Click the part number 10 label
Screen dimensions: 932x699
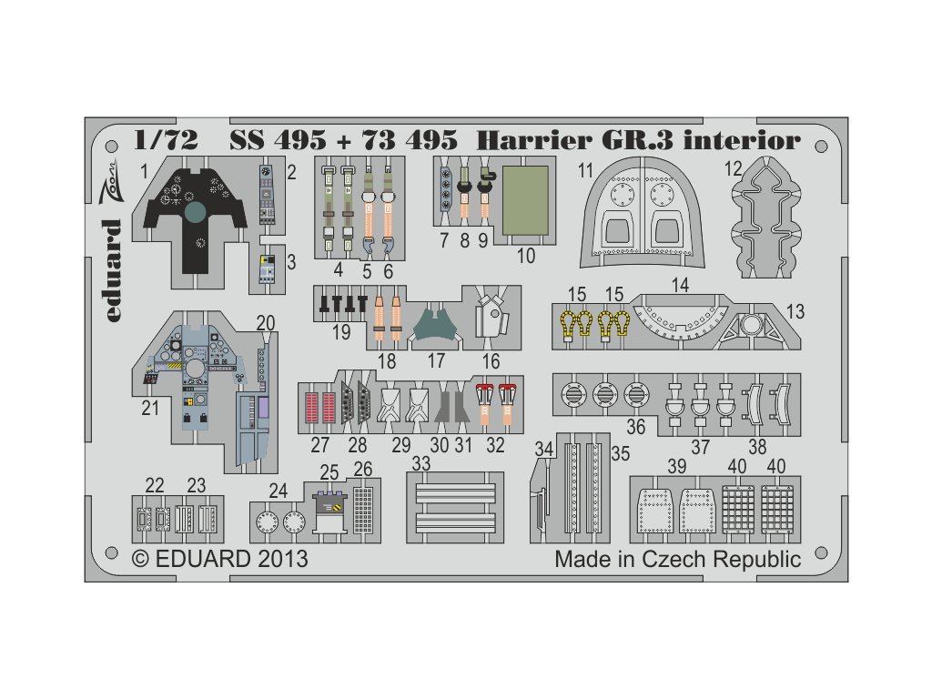pyautogui.click(x=525, y=257)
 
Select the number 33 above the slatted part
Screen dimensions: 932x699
pyautogui.click(x=420, y=463)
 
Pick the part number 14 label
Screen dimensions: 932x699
pyautogui.click(x=680, y=285)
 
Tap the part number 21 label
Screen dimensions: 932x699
pyautogui.click(x=150, y=409)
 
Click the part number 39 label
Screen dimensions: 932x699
pyautogui.click(x=675, y=466)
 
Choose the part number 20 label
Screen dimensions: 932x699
pyautogui.click(x=265, y=322)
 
